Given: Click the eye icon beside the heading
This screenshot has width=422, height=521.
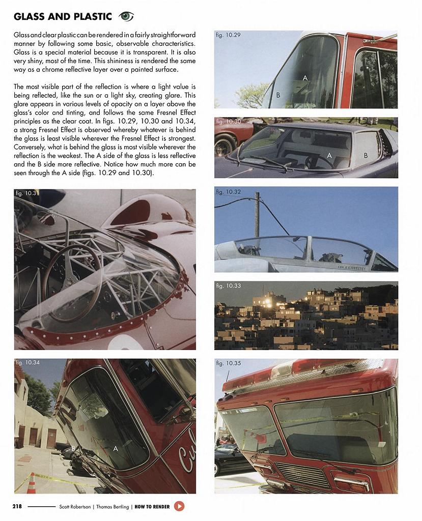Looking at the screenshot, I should point(126,17).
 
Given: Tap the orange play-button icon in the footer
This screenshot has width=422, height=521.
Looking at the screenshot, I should point(179,506).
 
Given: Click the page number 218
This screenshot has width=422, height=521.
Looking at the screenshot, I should point(17,507).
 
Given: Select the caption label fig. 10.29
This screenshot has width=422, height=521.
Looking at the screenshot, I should point(228,35).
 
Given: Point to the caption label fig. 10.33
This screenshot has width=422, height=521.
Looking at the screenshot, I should point(228,286).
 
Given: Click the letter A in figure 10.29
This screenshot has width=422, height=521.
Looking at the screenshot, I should point(305,78).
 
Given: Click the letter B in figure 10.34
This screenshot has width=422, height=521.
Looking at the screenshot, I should point(73,448).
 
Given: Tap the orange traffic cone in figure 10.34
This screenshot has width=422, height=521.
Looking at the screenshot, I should point(32,483).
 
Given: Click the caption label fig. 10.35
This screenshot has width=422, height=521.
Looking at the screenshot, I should point(228,363).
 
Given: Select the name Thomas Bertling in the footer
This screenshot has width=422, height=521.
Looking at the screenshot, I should point(111,507).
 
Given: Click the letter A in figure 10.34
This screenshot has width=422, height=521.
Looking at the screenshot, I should point(116,449).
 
